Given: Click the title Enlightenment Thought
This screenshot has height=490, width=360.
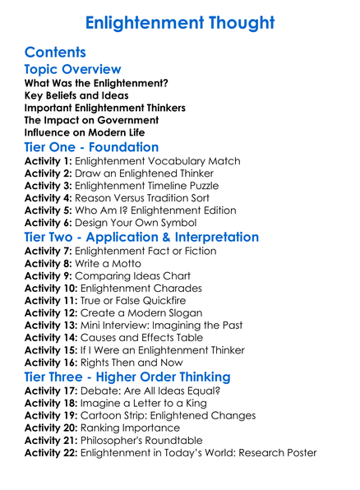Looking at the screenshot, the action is [x=179, y=22].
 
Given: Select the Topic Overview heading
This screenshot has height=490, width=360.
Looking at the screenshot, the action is [x=73, y=70].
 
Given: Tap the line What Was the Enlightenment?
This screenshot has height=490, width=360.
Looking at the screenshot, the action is [x=96, y=83].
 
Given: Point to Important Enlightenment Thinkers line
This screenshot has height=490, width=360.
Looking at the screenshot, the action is [x=104, y=108].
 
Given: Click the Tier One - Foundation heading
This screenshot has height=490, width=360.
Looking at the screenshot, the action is [x=91, y=147].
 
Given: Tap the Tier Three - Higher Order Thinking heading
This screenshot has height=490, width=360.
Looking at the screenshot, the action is [x=127, y=377].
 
